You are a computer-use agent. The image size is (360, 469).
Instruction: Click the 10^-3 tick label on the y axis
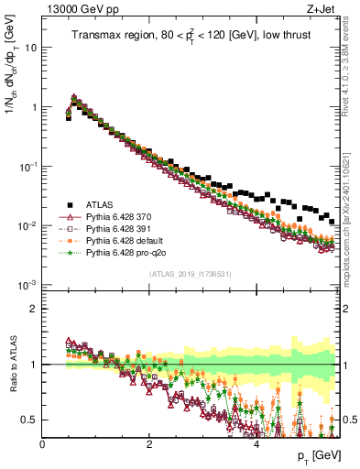(27, 286)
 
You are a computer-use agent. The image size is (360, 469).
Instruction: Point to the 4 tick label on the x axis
(256, 445)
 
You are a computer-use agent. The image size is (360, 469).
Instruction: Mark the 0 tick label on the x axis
(43, 445)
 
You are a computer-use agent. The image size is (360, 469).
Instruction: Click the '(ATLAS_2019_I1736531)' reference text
(191, 275)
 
